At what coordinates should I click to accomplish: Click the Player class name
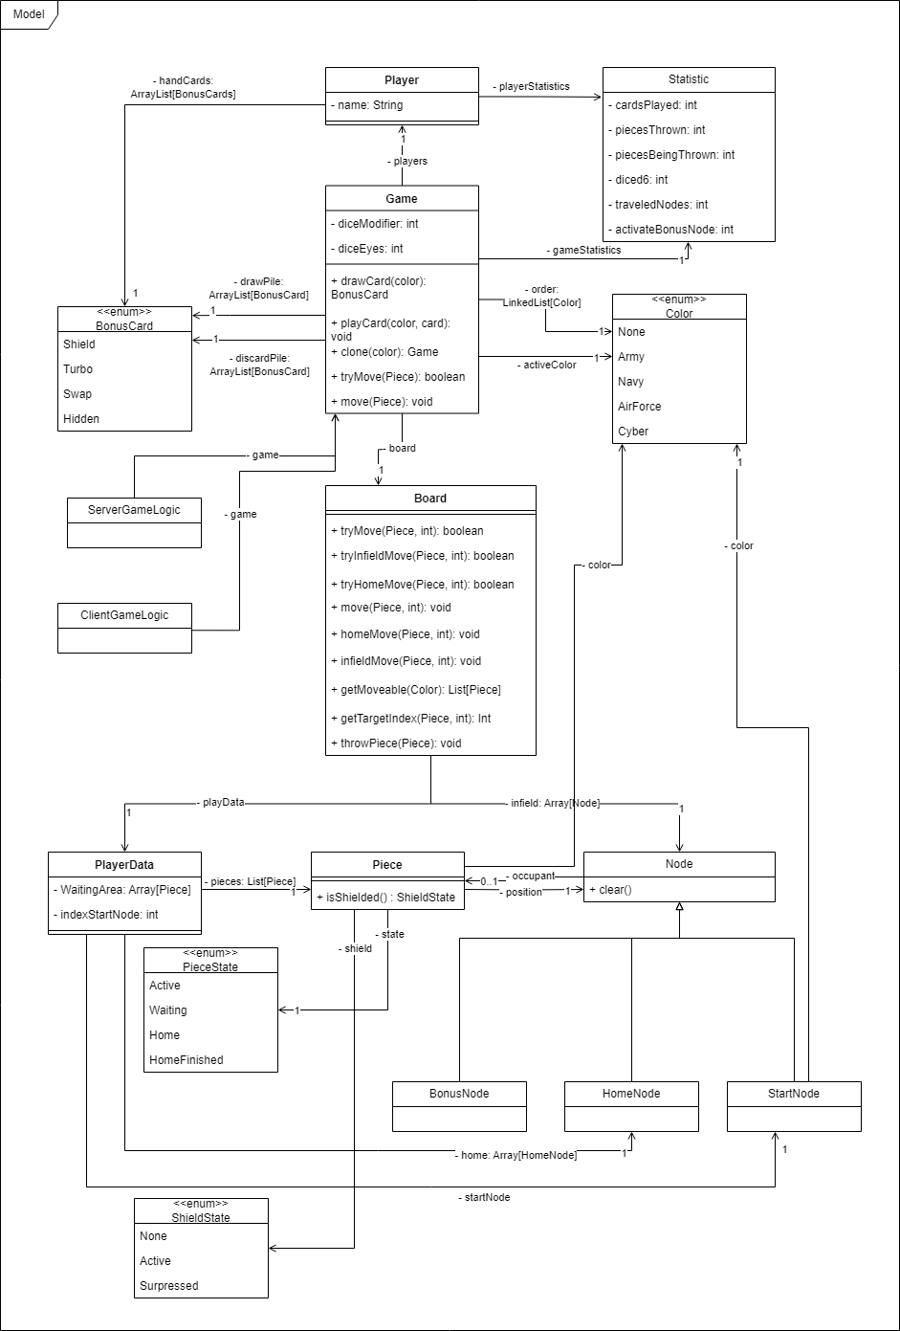pos(402,80)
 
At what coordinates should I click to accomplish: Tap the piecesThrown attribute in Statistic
pos(657,130)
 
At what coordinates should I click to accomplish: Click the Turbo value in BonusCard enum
pos(78,369)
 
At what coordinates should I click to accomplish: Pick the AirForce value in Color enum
pos(640,407)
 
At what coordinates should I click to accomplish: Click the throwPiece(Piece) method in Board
pos(396,743)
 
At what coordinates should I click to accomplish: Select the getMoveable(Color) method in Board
pos(415,690)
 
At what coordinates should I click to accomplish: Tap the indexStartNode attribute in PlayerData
pos(105,915)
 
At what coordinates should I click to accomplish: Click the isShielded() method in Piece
pos(386,898)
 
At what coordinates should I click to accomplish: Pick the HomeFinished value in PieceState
pos(187,1060)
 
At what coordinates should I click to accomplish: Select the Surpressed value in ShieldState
pos(169,1286)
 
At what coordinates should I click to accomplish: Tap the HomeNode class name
pos(631,1094)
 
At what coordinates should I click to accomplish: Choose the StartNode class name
pos(794,1094)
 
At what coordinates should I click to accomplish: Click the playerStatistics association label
pos(531,86)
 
